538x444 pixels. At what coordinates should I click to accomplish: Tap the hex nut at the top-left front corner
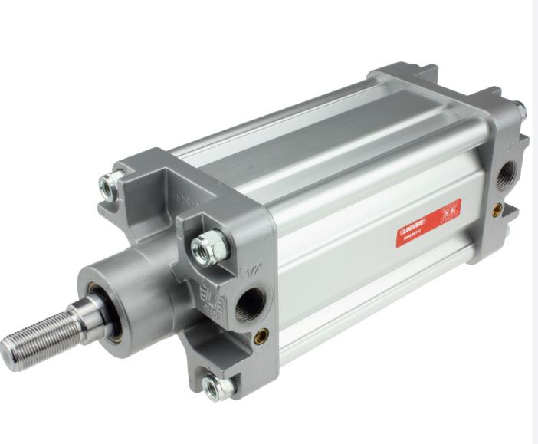110,184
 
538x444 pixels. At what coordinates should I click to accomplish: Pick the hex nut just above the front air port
205,245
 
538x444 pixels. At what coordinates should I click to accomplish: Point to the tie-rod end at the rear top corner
520,107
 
